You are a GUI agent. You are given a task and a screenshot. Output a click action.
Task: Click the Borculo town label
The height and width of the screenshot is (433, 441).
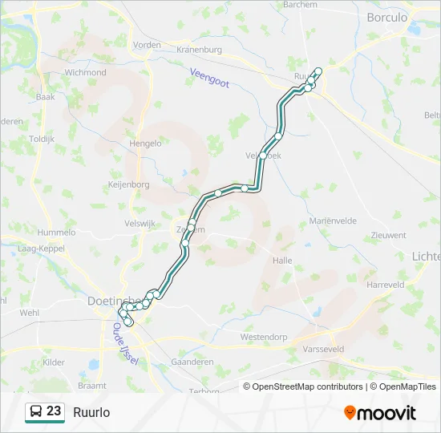click(386, 17)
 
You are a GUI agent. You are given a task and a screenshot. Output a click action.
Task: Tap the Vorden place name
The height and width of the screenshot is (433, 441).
click(147, 45)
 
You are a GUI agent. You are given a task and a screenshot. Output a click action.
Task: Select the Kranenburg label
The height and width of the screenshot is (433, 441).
click(198, 50)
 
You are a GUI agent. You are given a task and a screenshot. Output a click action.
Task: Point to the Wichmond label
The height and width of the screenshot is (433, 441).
click(85, 72)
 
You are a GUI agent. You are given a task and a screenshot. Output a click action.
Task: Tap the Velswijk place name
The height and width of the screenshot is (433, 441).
click(140, 224)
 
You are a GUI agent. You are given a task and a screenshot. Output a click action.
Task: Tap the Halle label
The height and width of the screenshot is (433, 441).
click(282, 261)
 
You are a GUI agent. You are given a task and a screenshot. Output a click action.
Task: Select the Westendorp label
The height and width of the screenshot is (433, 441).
click(264, 338)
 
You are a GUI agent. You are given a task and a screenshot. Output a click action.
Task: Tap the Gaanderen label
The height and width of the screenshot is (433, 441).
click(192, 362)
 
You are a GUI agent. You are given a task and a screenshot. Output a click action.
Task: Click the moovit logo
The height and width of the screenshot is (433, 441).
click(380, 413)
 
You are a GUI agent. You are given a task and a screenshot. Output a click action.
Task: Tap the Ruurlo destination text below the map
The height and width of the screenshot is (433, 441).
click(91, 412)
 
